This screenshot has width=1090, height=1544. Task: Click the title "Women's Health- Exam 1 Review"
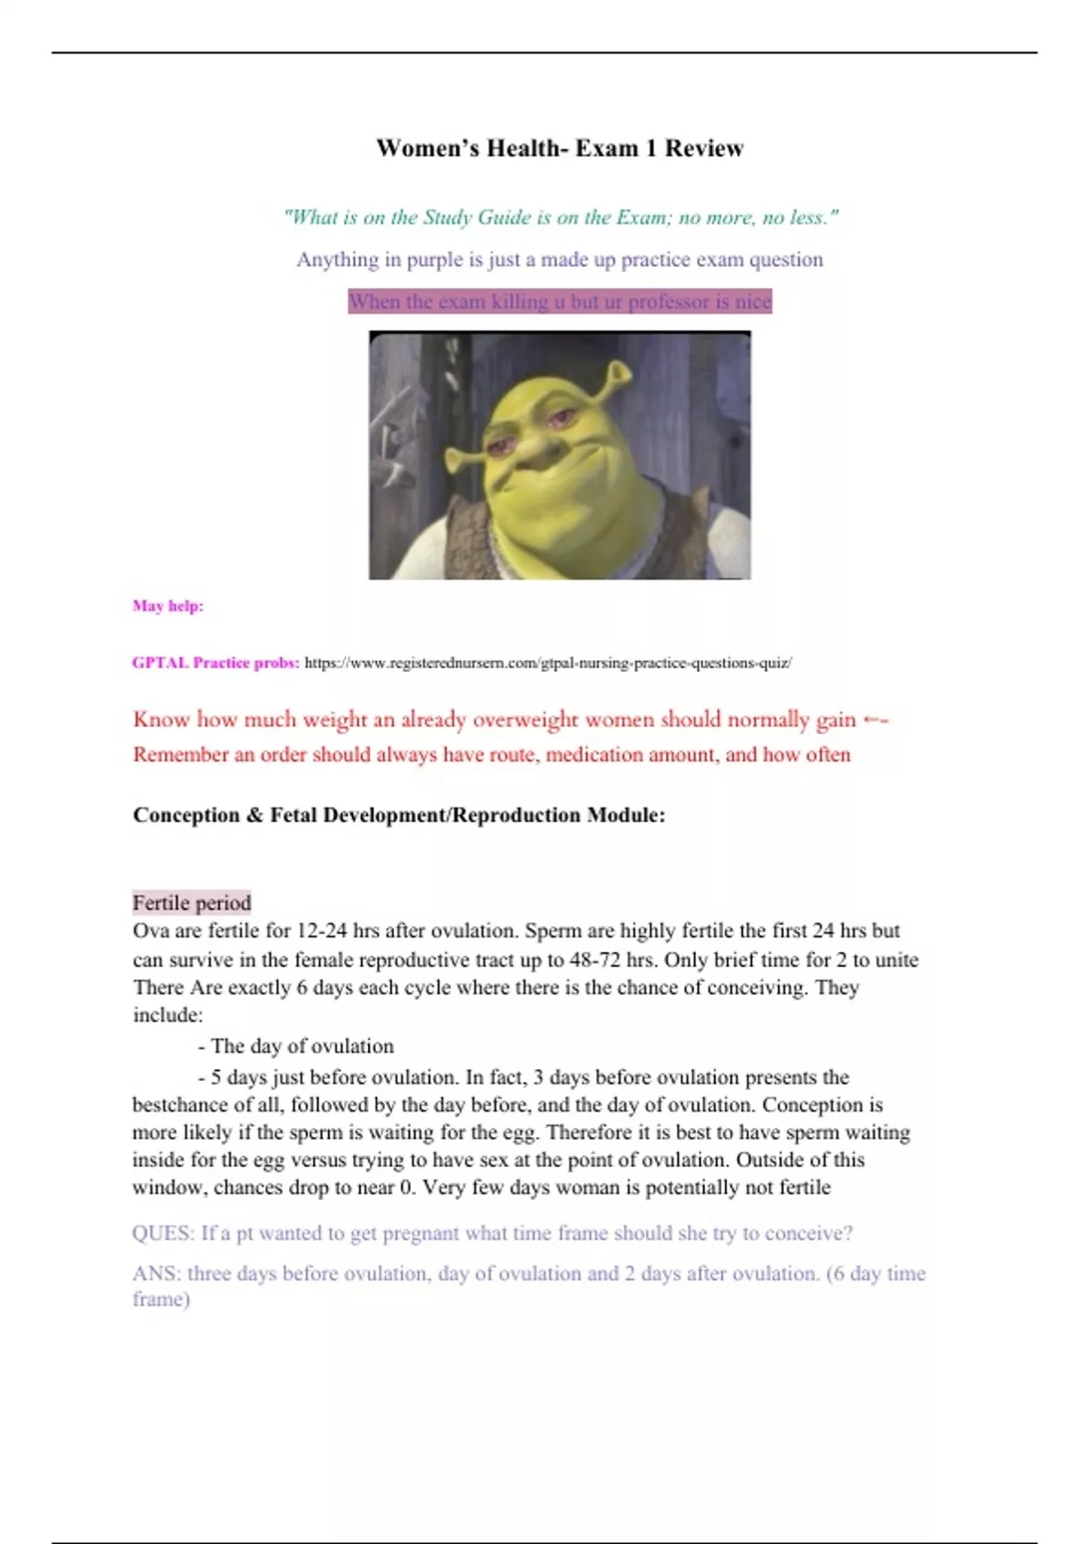click(x=560, y=148)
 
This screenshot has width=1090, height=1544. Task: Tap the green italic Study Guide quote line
click(x=560, y=217)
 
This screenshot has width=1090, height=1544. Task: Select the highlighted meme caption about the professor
click(x=560, y=302)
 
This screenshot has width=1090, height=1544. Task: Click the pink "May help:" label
click(x=168, y=606)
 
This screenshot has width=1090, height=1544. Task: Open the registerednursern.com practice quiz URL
click(x=548, y=663)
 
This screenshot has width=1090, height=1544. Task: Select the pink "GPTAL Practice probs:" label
click(x=215, y=663)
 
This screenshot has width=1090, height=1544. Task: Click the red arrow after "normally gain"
click(x=875, y=720)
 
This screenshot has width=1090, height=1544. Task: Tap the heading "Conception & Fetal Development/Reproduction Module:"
click(x=399, y=815)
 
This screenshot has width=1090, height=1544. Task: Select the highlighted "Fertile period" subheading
click(x=192, y=903)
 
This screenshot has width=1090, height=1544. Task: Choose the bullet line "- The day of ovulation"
click(x=295, y=1046)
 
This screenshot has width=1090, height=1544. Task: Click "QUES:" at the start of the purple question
click(x=163, y=1233)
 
